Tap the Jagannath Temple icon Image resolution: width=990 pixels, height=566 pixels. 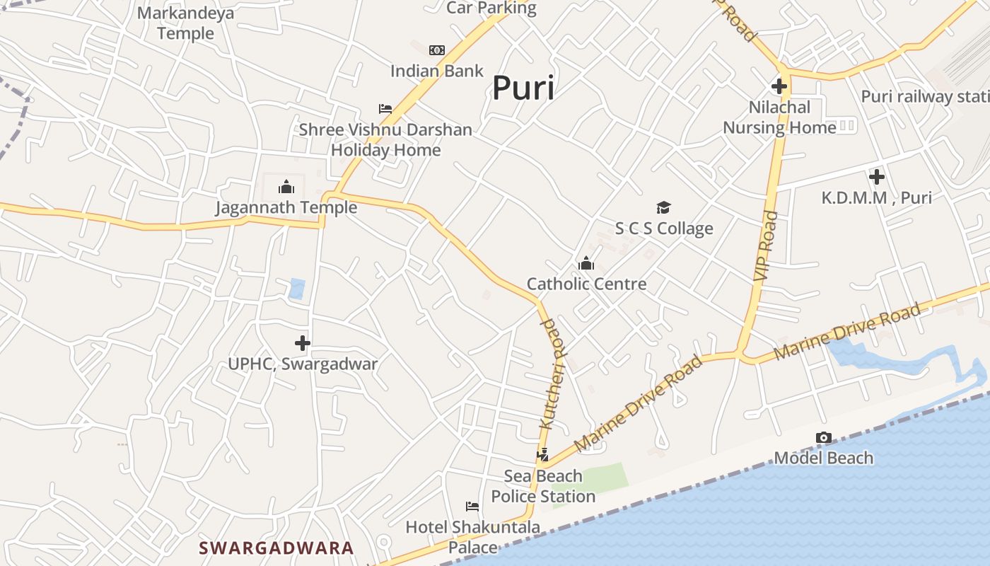click(x=286, y=187)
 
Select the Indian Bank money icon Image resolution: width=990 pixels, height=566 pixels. click(x=437, y=50)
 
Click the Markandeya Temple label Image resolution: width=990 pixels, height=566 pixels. click(x=185, y=23)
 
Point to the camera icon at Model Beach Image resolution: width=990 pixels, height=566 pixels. click(x=823, y=438)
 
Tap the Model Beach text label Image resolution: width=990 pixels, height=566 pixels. click(x=823, y=458)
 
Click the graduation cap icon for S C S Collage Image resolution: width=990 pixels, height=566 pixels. click(x=663, y=207)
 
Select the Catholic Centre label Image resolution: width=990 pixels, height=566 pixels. click(x=586, y=284)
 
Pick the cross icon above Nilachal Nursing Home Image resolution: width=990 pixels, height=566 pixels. click(x=779, y=87)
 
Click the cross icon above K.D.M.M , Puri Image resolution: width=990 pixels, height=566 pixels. click(x=877, y=177)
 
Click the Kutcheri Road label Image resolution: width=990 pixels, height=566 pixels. click(x=553, y=373)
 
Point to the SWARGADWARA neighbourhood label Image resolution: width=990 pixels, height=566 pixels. click(x=276, y=548)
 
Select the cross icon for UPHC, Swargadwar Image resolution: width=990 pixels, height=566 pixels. click(x=303, y=344)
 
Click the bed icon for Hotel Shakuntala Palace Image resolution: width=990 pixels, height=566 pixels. click(x=472, y=506)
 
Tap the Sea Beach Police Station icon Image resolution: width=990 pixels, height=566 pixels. click(x=543, y=455)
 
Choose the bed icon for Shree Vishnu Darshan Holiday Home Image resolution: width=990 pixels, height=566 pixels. click(x=385, y=109)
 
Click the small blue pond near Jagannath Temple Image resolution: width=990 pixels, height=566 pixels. click(x=297, y=289)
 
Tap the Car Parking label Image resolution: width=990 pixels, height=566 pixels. click(x=491, y=8)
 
